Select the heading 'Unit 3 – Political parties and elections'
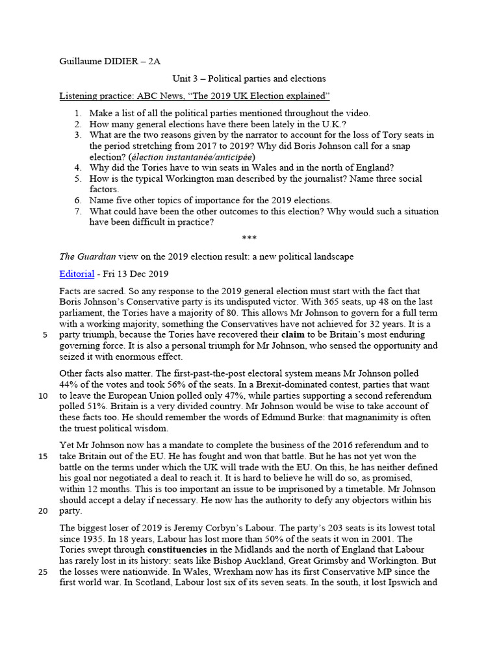tap(249, 79)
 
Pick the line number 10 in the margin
tap(43, 395)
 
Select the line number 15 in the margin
tap(43, 456)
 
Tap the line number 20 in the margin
tap(43, 510)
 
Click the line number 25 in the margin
tap(43, 571)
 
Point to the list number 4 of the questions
tap(77, 168)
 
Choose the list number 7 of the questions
tap(77, 212)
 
